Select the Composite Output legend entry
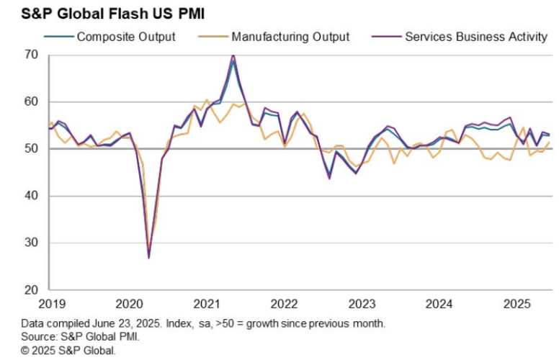pyautogui.click(x=126, y=36)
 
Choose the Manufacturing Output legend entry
pyautogui.click(x=291, y=36)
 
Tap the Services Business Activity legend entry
pyautogui.click(x=476, y=36)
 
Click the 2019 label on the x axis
pyautogui.click(x=53, y=305)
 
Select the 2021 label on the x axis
pyautogui.click(x=207, y=305)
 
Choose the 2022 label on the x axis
pyautogui.click(x=285, y=305)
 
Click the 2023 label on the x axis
pyautogui.click(x=361, y=305)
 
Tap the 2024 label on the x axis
pyautogui.click(x=438, y=305)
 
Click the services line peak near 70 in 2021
pyautogui.click(x=233, y=55)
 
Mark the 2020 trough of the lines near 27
pyautogui.click(x=148, y=257)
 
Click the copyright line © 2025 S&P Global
pyautogui.click(x=68, y=351)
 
